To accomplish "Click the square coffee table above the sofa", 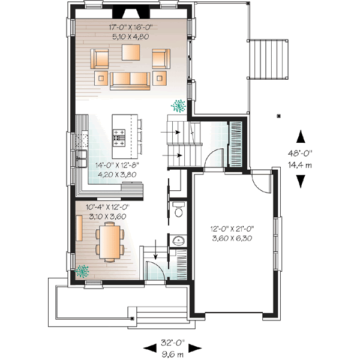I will point(131,52).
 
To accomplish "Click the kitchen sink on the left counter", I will point(79,159).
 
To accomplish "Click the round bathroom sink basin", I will point(178,241).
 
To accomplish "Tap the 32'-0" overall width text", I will point(171,344).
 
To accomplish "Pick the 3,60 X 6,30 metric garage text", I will point(232,238).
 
